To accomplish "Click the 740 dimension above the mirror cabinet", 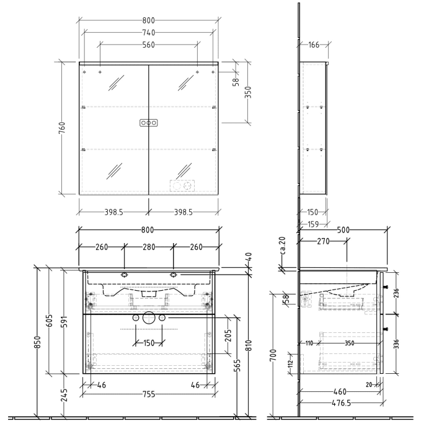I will [148, 32].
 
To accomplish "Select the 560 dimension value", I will [148, 45].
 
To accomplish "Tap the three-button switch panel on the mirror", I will [148, 123].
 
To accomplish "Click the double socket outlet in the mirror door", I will [182, 185].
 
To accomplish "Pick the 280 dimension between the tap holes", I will [148, 247].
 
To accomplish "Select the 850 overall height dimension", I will [39, 342].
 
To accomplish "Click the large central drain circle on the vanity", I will [148, 318].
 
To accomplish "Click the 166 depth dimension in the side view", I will [313, 45].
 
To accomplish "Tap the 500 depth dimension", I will [343, 230].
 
